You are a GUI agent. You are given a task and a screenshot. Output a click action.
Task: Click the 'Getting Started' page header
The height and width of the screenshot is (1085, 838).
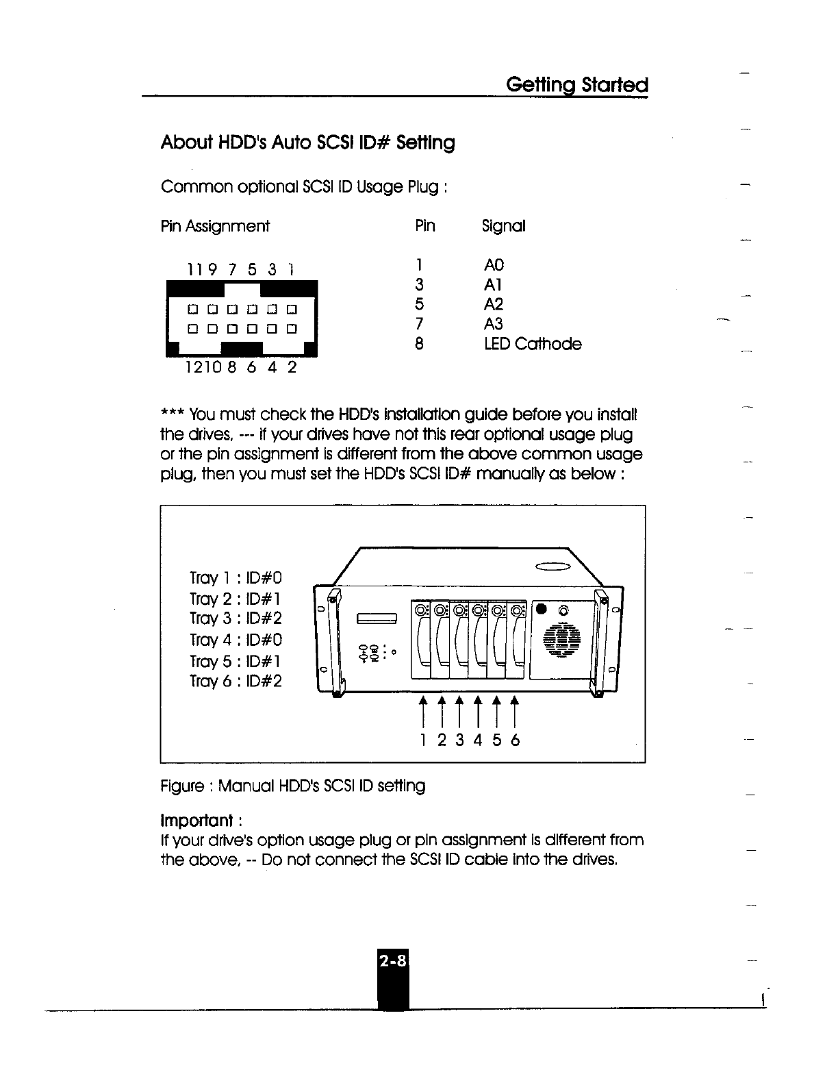[x=576, y=85]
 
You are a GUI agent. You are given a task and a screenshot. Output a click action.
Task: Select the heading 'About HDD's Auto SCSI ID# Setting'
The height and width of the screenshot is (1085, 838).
[x=307, y=143]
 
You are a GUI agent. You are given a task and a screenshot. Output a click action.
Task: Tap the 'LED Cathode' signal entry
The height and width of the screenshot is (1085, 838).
[x=532, y=344]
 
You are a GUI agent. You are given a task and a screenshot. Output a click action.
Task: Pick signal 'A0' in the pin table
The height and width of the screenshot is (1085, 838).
[x=493, y=265]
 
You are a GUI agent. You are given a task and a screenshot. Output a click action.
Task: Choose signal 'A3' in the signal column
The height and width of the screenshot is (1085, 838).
[x=493, y=323]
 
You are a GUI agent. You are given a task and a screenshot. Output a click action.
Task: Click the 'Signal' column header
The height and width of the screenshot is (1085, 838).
[x=503, y=226]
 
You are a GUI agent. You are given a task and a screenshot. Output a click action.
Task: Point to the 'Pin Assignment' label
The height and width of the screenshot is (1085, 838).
[x=215, y=226]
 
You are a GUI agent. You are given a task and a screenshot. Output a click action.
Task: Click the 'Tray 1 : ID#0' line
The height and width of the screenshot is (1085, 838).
[x=236, y=578]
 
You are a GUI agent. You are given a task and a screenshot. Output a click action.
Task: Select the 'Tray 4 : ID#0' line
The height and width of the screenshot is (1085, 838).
[x=236, y=640]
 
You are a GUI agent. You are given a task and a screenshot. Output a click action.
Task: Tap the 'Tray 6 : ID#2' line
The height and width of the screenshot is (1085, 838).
[x=236, y=682]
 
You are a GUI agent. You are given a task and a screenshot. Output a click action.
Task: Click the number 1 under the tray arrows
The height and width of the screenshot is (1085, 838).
[x=424, y=740]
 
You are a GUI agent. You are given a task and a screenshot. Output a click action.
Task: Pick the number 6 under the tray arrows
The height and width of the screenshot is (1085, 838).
[x=515, y=740]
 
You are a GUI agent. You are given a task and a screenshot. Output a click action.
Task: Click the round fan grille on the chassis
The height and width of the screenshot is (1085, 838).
[x=561, y=645]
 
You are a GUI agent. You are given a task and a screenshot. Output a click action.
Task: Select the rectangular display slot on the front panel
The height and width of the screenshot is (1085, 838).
[x=376, y=619]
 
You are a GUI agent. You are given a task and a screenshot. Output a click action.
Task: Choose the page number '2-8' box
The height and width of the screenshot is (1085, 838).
[x=392, y=962]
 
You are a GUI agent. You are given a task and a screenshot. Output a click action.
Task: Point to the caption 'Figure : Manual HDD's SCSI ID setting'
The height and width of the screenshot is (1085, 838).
[x=292, y=786]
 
